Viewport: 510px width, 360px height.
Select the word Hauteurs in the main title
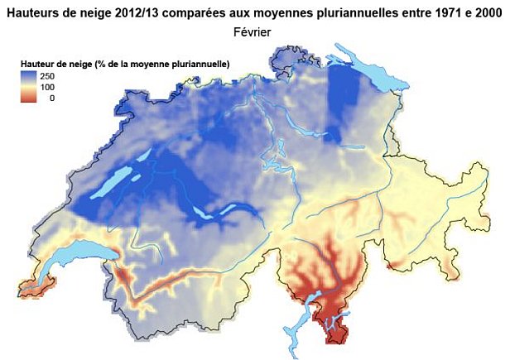34,12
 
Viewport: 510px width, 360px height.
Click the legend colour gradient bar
29,86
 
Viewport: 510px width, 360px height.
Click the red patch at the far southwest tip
33,289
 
